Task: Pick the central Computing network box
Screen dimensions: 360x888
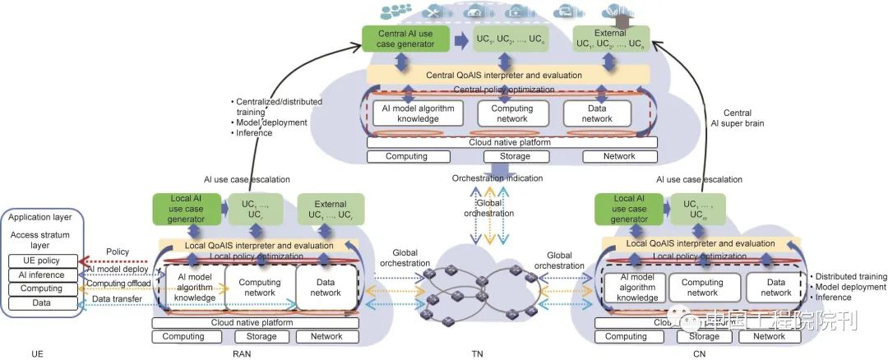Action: click(511, 113)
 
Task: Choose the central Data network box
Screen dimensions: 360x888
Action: click(597, 113)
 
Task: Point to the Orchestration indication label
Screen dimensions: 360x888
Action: click(497, 178)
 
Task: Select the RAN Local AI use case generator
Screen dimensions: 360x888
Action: click(184, 209)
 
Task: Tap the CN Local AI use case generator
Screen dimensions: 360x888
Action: click(629, 209)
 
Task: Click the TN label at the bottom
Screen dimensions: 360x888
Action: click(478, 353)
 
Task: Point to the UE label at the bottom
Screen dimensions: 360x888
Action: click(36, 353)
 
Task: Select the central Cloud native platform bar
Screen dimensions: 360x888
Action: click(511, 142)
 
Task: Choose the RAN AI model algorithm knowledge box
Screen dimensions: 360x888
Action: click(194, 287)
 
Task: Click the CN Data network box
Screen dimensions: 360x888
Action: click(775, 287)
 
